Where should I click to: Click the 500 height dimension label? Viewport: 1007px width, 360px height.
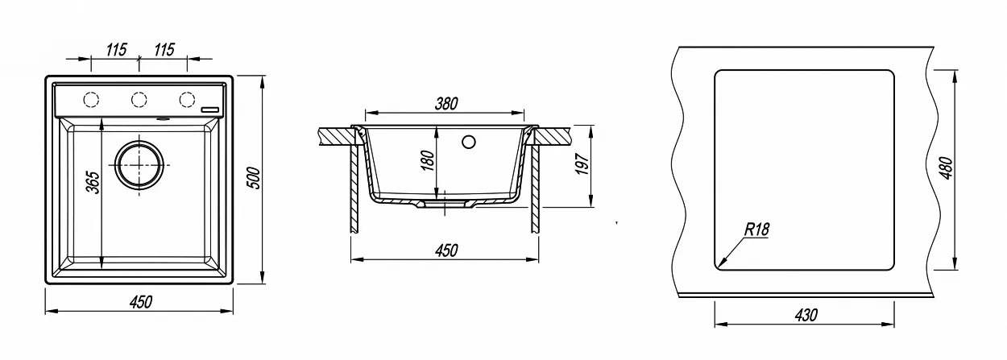(x=254, y=178)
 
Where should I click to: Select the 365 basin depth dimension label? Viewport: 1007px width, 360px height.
(x=93, y=182)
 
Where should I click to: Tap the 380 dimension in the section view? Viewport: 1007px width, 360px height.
(x=446, y=104)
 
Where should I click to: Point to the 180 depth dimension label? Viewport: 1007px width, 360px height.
(x=429, y=160)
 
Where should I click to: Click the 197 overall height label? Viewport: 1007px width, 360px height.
(x=582, y=164)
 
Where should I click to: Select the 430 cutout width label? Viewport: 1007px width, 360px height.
(x=806, y=315)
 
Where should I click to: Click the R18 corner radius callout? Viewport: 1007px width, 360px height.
(x=757, y=230)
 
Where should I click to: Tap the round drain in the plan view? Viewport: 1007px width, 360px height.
(x=139, y=165)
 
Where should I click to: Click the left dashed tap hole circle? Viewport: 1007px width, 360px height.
(x=91, y=99)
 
